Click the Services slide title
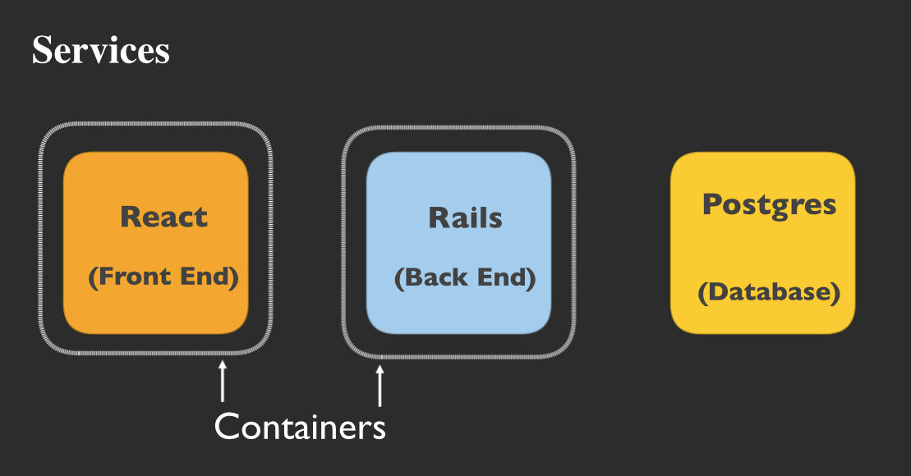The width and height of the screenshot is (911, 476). coord(100,51)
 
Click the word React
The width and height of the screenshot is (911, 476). coord(163,217)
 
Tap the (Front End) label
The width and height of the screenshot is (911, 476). coord(163,277)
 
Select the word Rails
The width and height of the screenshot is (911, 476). coord(465,218)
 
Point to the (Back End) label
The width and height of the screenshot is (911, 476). coord(465,278)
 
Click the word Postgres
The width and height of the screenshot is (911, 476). coord(769,205)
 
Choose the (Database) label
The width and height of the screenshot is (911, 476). coord(769,293)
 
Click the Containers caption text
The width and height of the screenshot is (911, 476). coord(300,427)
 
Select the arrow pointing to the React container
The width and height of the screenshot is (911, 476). coord(222,382)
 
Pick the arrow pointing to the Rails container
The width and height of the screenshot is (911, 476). coord(380,386)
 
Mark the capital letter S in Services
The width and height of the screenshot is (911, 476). coord(42,51)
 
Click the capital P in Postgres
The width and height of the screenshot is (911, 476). coord(711,204)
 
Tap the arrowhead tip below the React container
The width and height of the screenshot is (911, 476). coord(222,362)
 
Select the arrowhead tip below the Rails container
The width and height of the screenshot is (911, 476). coord(380,367)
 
